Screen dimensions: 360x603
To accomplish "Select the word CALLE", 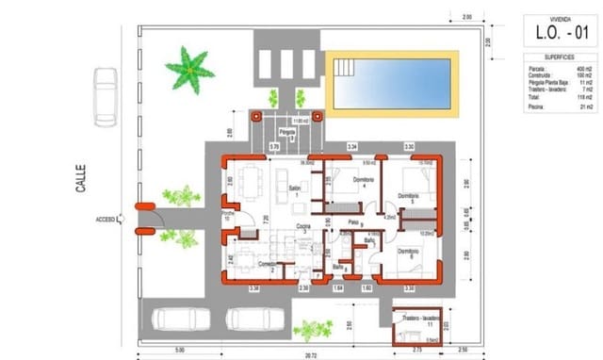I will pos(82,182).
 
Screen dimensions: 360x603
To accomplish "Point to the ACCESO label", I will pos(106,220).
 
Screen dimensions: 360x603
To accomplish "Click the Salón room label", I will pos(294,191).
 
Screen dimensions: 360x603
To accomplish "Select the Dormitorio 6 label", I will pos(408,253).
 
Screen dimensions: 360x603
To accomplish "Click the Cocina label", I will pos(304,226).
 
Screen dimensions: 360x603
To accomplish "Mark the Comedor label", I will pos(269,266).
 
